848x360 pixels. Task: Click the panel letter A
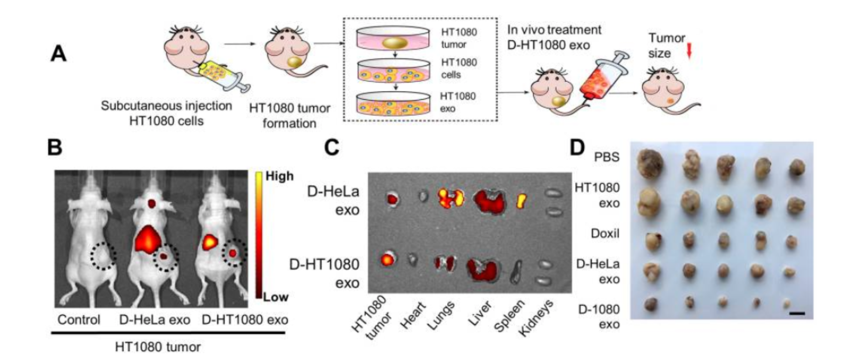pyautogui.click(x=59, y=54)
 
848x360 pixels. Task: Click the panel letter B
pyautogui.click(x=55, y=147)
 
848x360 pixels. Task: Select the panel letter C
pyautogui.click(x=332, y=147)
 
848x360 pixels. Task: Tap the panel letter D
pyautogui.click(x=577, y=147)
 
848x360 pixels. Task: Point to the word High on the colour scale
pyautogui.click(x=280, y=176)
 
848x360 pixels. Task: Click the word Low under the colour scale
pyautogui.click(x=276, y=297)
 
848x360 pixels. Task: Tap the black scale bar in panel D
pyautogui.click(x=797, y=314)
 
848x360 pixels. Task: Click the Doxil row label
pyautogui.click(x=605, y=233)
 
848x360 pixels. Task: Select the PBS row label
pyautogui.click(x=607, y=157)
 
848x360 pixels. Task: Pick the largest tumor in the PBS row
pyautogui.click(x=651, y=163)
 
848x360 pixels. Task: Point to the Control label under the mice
pyautogui.click(x=79, y=320)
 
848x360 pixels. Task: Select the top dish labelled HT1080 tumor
pyautogui.click(x=393, y=38)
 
